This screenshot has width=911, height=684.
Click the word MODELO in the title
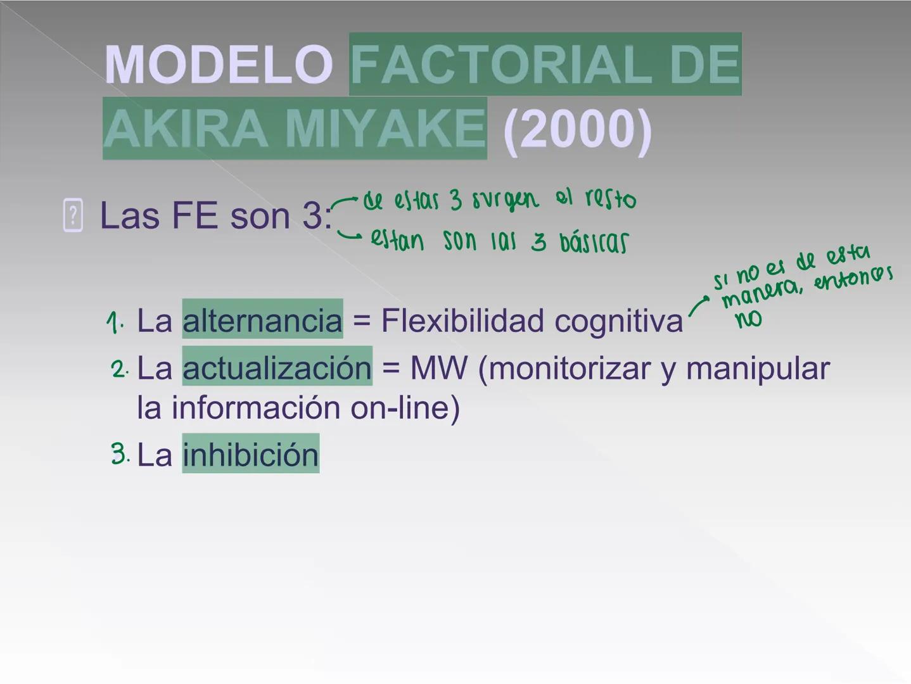point(219,65)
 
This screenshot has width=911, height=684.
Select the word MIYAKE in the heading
point(385,128)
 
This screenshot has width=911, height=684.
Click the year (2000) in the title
point(577,129)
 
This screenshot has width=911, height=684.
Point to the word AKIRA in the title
point(185,128)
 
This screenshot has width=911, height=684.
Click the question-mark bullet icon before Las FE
point(73,215)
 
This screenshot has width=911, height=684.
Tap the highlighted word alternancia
point(262,320)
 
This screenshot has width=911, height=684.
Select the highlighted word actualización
point(277,367)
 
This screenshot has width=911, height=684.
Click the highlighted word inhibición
point(251,454)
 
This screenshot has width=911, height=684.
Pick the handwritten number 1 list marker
point(114,322)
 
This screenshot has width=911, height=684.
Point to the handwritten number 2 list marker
point(119,369)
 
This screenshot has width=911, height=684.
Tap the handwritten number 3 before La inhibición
point(119,454)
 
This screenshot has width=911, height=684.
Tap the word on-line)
point(405,407)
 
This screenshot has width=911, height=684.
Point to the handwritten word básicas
point(594,242)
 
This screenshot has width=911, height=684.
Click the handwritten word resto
point(611,199)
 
